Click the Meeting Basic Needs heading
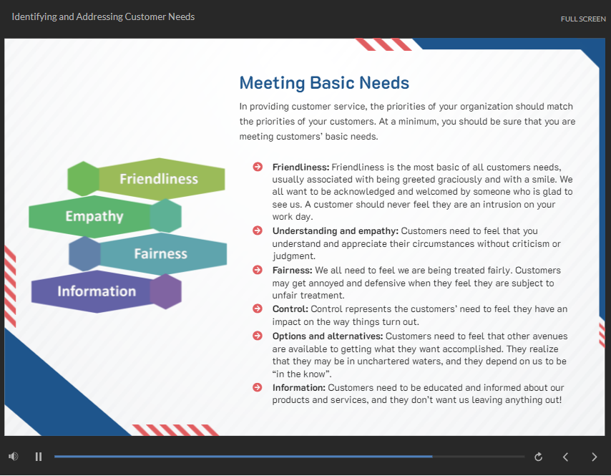(324, 82)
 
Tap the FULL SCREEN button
(583, 19)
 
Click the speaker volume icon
(14, 456)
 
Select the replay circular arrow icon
(538, 457)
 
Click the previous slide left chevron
(565, 457)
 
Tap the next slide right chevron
(594, 457)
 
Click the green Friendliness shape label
(159, 179)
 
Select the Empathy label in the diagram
(94, 216)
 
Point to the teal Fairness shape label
(160, 254)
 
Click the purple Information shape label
(97, 291)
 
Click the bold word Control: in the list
(290, 309)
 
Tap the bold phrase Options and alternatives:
(328, 336)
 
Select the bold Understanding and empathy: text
(336, 231)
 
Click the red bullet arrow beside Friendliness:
(258, 167)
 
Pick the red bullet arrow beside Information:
(258, 387)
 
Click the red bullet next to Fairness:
(258, 270)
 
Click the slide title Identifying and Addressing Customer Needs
(103, 16)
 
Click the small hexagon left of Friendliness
(84, 178)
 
